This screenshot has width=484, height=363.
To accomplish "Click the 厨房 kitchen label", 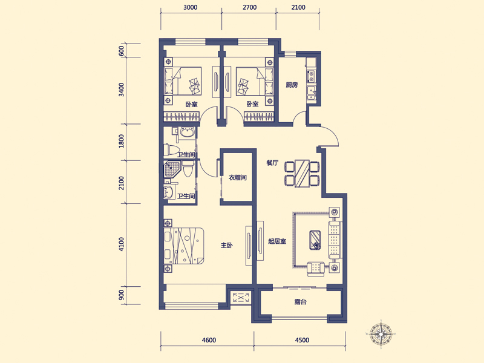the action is pos(292,85).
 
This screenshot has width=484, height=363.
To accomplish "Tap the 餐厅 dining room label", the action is pos(273,163).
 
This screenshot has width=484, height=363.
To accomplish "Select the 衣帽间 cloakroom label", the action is pos(237,177).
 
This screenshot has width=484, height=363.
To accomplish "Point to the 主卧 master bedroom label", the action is pos(226,246).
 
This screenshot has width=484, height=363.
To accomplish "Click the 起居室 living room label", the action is pos(277,241).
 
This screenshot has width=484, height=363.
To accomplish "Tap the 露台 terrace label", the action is pos(300,302).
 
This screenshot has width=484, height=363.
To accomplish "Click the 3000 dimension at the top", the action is pos(190,7).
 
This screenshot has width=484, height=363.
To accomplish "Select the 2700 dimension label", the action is pos(249,7).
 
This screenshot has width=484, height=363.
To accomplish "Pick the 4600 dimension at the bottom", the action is pos(209,340).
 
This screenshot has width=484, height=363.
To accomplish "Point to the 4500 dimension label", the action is pos(302,340).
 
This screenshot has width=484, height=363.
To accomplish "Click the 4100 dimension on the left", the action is pos(122,244).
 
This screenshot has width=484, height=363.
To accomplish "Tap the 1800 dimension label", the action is pos(122,141).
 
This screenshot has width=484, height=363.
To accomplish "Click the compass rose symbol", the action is pos(381,334).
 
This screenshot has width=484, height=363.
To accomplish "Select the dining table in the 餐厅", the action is pos(302,173).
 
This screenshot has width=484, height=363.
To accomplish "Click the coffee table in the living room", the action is pos(315,240).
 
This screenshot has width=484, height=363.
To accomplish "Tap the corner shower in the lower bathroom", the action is pos(171,169).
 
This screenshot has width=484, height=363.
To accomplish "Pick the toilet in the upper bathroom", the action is pos(171,150).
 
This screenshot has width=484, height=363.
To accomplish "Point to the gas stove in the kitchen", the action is pos(311,76).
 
